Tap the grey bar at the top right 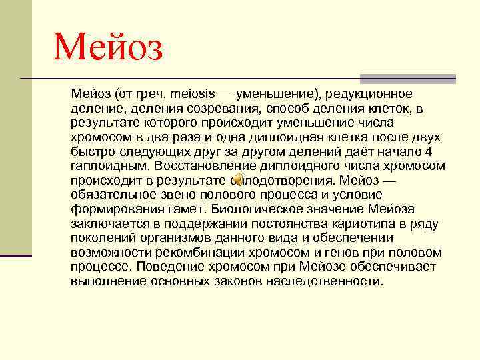point(407,78)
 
